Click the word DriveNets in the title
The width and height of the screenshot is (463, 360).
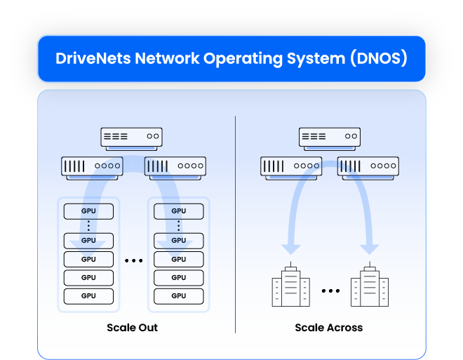point(91,58)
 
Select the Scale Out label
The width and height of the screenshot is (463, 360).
point(133,328)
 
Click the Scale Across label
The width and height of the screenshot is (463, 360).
point(329,328)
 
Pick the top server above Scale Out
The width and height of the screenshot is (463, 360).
point(131,137)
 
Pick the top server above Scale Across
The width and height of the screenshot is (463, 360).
point(329,137)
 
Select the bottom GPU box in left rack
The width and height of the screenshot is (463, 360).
point(88,296)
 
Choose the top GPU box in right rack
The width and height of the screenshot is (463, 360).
point(179,211)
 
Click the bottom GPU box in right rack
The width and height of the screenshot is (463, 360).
point(179,296)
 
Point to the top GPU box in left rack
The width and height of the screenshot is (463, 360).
point(88,211)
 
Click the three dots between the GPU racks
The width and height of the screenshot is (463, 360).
point(133,261)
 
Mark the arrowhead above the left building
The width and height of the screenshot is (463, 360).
point(290,249)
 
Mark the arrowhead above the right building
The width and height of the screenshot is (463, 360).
point(369,249)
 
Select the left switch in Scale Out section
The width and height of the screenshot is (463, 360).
point(91,167)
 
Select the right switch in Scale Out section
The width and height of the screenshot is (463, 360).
point(175,167)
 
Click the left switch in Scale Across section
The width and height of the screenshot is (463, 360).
point(291,167)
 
